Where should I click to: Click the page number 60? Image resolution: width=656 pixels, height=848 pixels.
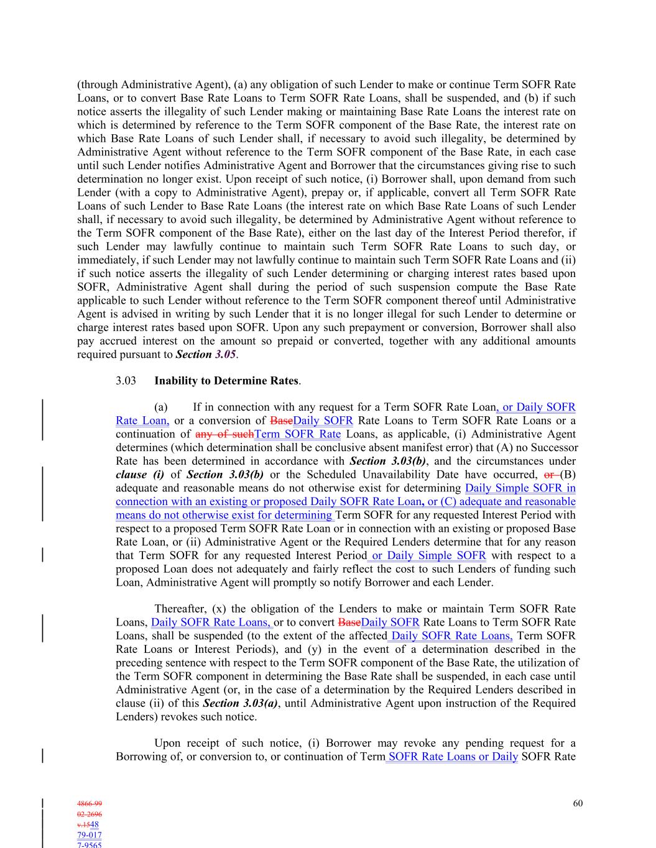click(578, 803)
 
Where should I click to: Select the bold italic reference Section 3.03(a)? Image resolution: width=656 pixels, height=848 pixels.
click(240, 703)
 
